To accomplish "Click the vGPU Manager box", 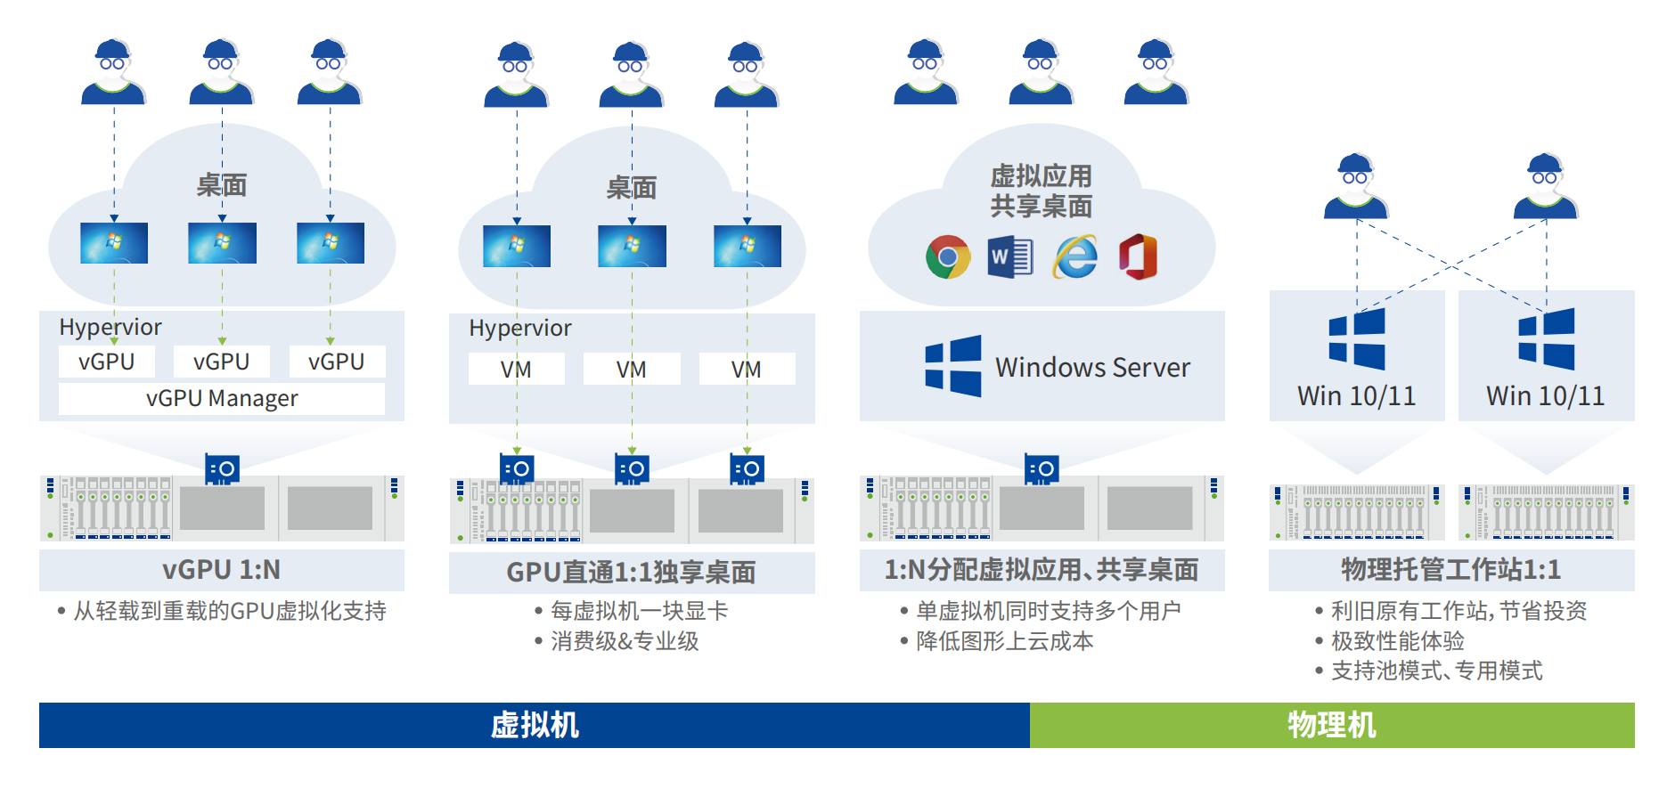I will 221,398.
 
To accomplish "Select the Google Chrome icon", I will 947,257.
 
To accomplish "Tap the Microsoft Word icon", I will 1010,257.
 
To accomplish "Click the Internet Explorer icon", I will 1075,257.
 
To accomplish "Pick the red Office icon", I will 1139,257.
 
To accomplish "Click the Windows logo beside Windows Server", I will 952,366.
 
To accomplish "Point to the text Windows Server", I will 1092,367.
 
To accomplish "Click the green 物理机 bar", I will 1331,725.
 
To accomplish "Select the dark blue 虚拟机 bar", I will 535,725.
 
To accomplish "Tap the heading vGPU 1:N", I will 221,570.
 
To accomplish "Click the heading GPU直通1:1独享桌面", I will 631,572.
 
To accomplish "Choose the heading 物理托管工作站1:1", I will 1450,570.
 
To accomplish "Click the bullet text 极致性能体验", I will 1397,641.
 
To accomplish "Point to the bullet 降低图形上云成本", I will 1004,641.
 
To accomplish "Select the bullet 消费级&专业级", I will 625,641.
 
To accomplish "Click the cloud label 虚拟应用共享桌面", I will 1041,191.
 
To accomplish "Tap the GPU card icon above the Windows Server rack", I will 1041,468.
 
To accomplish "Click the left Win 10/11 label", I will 1356,396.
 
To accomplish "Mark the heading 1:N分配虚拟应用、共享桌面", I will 1041,570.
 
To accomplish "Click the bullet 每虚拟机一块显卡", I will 639,611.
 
